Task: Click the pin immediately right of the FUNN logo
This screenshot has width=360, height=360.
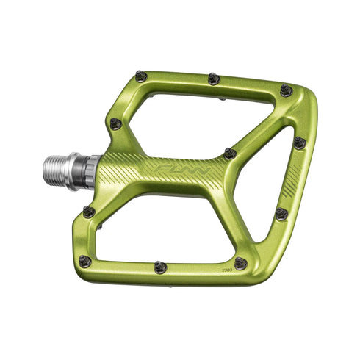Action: click(230, 154)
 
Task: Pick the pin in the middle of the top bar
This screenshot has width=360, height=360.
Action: click(214, 78)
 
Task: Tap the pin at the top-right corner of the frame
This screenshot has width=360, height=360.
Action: click(286, 90)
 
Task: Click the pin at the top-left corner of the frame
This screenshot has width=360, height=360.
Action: click(141, 75)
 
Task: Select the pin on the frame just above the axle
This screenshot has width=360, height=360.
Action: click(115, 123)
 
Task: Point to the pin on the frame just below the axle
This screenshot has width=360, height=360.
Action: click(89, 212)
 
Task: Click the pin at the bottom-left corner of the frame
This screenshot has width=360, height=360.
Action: click(84, 261)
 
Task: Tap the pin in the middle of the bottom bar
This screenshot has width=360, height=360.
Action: click(160, 267)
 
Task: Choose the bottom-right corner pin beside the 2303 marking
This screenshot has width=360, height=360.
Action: click(240, 263)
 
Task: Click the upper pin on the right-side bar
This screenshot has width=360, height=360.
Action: click(299, 142)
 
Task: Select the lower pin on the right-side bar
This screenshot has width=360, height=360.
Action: click(281, 214)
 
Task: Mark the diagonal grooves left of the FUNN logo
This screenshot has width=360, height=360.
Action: click(125, 173)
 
